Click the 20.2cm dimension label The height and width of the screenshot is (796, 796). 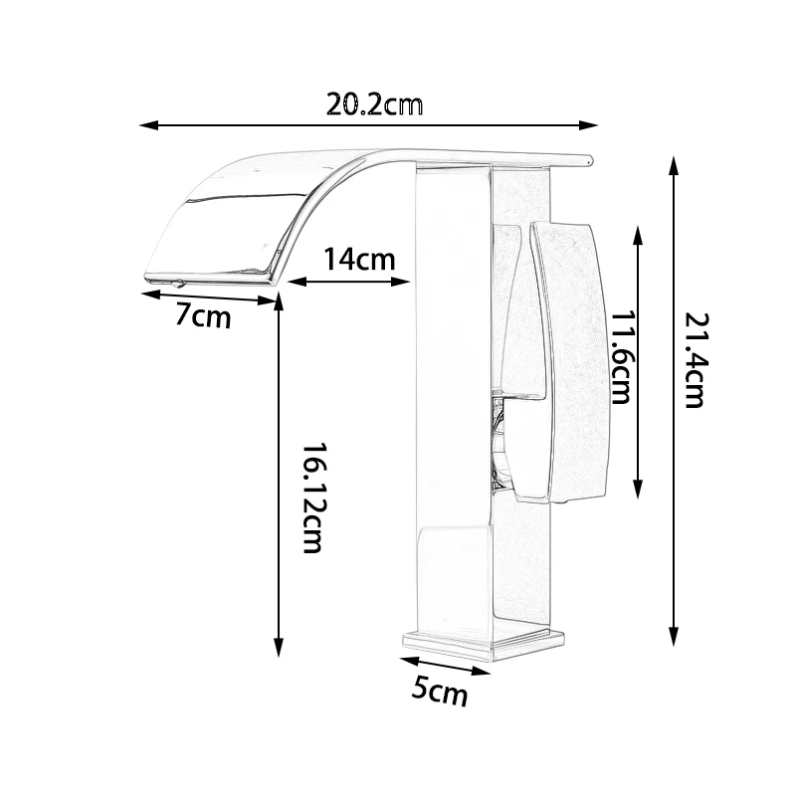point(374,105)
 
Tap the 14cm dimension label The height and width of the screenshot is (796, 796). point(359,260)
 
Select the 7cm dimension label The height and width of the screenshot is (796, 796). point(203,316)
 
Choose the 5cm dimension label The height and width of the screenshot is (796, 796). point(439,692)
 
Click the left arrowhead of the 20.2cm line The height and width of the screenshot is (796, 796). point(148,125)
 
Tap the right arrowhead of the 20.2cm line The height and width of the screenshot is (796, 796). point(589,125)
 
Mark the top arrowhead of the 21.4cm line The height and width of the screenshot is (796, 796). point(674,166)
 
